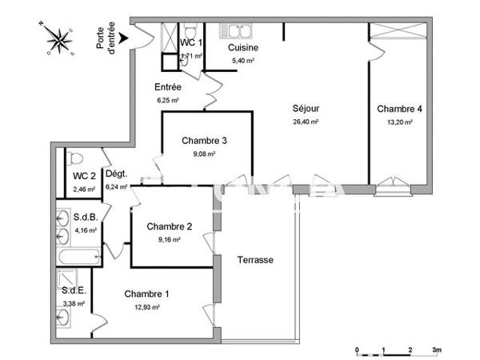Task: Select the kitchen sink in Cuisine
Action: click(x=238, y=32)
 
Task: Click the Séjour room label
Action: click(x=306, y=109)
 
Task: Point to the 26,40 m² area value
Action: click(x=306, y=122)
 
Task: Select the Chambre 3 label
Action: click(x=204, y=141)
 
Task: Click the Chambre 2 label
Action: click(x=169, y=226)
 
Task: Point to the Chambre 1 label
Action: click(x=146, y=294)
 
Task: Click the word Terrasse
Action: click(x=255, y=260)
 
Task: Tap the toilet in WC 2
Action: click(x=75, y=158)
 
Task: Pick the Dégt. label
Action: click(x=117, y=174)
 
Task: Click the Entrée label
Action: click(x=168, y=87)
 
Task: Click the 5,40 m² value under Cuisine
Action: click(x=243, y=61)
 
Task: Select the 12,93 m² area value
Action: click(x=146, y=306)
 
